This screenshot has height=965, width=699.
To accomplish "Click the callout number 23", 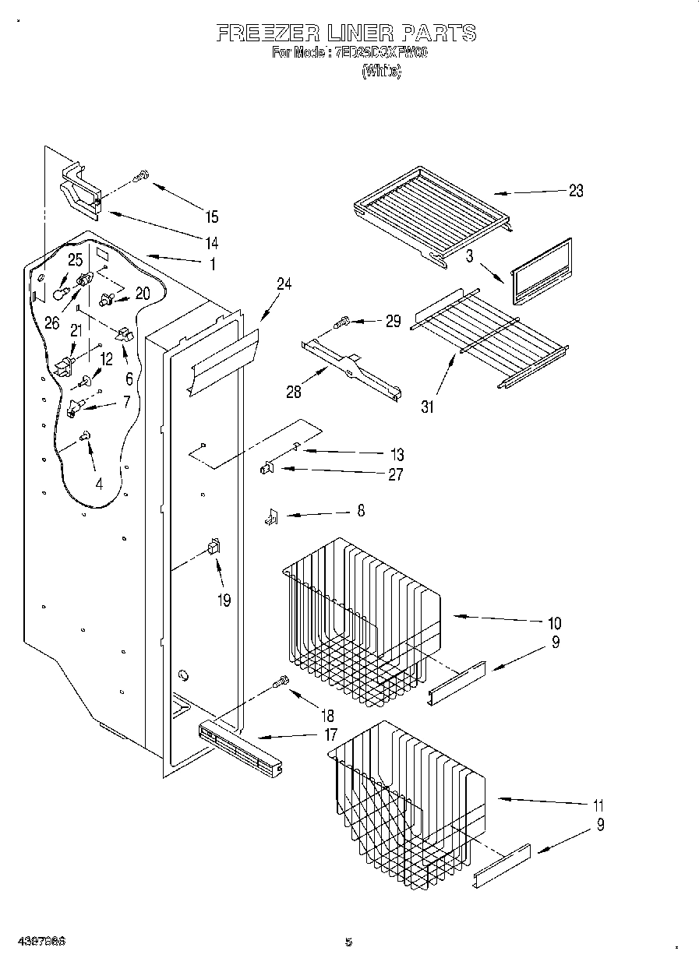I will point(575,191).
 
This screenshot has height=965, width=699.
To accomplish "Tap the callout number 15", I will point(212,217).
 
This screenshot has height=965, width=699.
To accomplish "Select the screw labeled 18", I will point(281,683).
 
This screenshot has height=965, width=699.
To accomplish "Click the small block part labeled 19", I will point(213,548).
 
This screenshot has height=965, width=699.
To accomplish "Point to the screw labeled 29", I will point(341,320).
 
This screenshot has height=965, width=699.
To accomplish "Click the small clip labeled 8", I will point(270,516).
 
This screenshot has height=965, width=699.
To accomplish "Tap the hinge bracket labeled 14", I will point(81,192).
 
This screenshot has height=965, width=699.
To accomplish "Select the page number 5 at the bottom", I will point(348,942).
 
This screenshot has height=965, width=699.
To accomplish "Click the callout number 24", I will point(284,284).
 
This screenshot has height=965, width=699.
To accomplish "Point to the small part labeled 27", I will point(267,468).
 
